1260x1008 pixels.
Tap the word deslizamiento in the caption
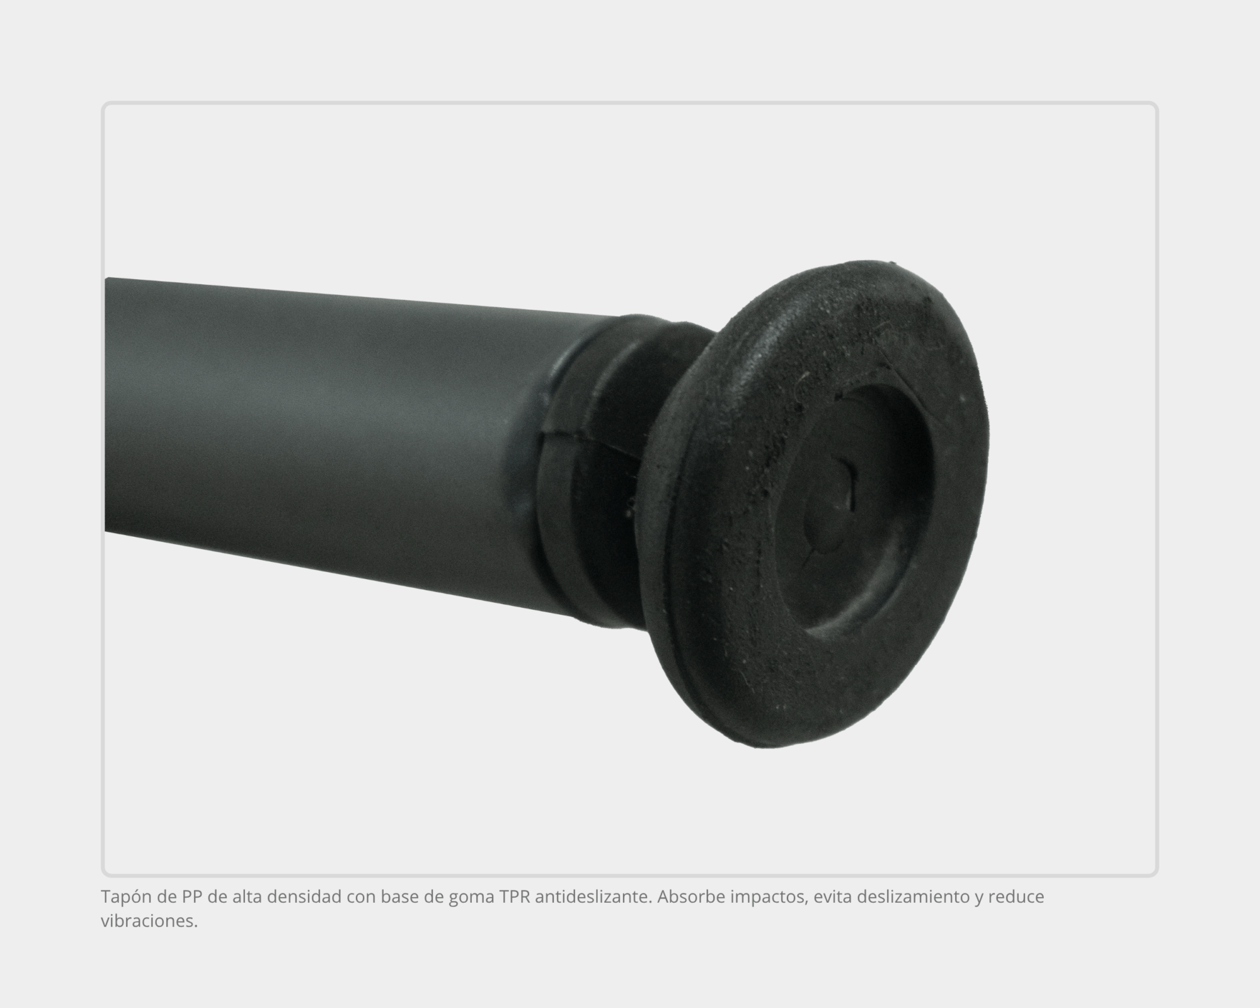tap(909, 896)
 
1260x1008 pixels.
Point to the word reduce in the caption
tap(1016, 896)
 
